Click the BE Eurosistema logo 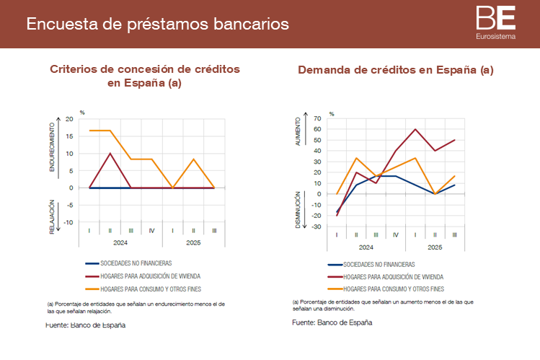tap(495, 22)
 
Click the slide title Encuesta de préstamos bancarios tap(157, 24)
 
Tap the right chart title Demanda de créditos tap(395, 70)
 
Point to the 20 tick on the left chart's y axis tap(69, 119)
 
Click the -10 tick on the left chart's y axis tap(68, 222)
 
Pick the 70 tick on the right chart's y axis tap(317, 118)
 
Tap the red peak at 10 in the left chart tap(110, 153)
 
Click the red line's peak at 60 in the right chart tap(415, 129)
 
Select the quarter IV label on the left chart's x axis tap(152, 230)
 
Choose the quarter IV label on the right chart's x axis tap(396, 235)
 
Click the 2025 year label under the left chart tap(193, 243)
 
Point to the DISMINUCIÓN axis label tap(298, 208)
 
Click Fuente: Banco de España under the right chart tap(332, 322)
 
